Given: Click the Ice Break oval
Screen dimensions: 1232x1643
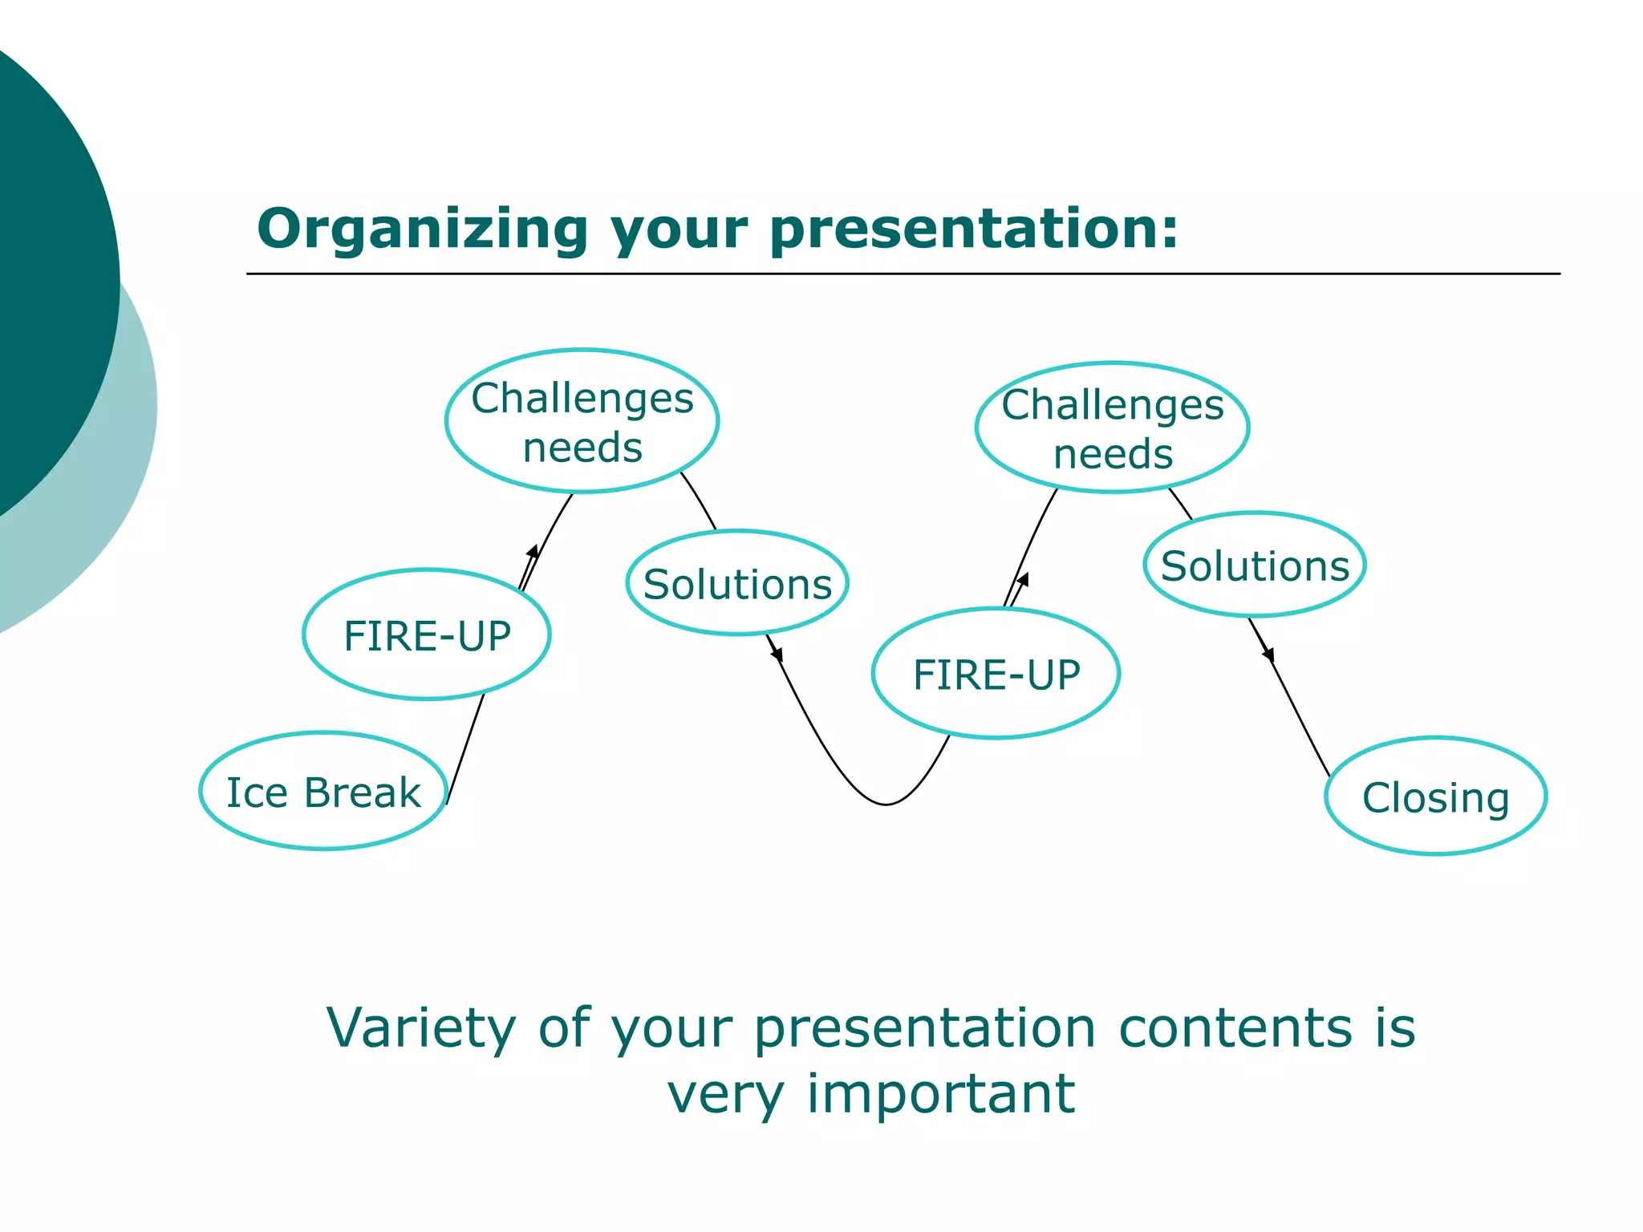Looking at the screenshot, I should (323, 791).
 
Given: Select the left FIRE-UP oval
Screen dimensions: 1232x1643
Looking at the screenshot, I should (427, 634).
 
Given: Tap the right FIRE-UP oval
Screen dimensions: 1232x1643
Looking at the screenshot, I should (996, 673).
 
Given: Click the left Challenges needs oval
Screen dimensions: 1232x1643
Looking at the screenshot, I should (582, 421).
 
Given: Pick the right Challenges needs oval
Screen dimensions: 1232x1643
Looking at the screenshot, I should (1113, 428).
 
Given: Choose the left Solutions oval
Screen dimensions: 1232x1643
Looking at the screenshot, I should (737, 583).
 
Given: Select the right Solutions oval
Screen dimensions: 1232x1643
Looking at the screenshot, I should (1255, 565).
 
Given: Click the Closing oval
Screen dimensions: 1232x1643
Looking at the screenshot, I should (1435, 796).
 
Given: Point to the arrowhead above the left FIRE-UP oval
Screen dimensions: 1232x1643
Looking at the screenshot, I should (533, 552).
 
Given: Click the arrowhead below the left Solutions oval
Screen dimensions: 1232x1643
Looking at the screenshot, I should (777, 654).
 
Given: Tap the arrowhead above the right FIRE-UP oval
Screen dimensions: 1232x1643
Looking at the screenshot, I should (1023, 579).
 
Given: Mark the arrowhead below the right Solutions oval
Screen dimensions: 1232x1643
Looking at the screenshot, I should (1268, 654).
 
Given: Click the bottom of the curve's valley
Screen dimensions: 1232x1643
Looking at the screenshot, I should (886, 804).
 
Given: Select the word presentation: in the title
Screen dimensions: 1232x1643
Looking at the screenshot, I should (974, 230).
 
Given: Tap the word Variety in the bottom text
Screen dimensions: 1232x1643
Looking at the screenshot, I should (420, 1029).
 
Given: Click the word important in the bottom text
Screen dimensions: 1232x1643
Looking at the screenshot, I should (940, 1094).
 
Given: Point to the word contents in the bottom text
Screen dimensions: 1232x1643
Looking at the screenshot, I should (1235, 1029).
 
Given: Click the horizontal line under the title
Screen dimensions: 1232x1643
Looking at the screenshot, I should (903, 274).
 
